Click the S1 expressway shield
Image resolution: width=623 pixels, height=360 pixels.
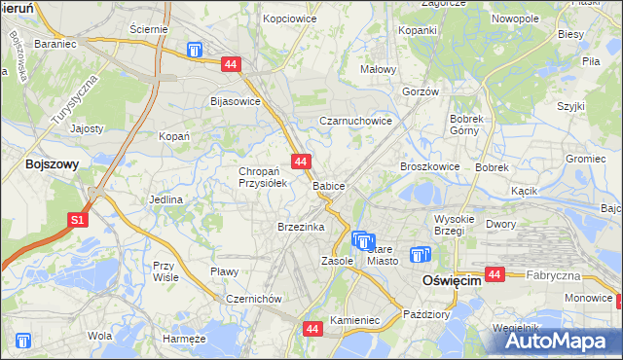click(79, 221)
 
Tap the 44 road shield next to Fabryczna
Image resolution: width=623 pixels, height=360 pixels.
click(495, 275)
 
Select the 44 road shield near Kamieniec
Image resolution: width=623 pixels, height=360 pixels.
click(312, 330)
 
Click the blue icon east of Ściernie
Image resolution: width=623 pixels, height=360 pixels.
click(195, 50)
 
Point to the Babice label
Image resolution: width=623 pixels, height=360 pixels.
click(329, 185)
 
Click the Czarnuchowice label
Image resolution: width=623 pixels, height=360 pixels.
click(356, 122)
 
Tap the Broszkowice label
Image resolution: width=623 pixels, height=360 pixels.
click(429, 166)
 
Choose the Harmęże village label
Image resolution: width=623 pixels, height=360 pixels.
click(184, 339)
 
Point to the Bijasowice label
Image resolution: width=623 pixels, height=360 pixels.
click(236, 100)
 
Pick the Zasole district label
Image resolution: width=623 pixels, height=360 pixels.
click(337, 261)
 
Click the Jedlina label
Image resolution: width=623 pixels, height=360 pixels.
click(165, 199)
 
